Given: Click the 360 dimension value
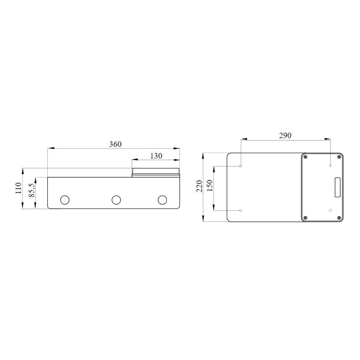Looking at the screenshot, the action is [115, 144].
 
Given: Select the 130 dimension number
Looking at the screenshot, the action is [156, 156].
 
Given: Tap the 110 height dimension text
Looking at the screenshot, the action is [18, 188].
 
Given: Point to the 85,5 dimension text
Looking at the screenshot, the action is [31, 190].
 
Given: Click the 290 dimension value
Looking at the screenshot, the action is [285, 135].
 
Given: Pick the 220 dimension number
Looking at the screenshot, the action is [199, 186].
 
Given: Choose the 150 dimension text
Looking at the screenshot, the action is [210, 185].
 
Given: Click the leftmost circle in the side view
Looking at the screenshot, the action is [65, 200].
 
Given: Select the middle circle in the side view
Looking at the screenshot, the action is [116, 200].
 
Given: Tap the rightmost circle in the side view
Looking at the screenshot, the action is [162, 200].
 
